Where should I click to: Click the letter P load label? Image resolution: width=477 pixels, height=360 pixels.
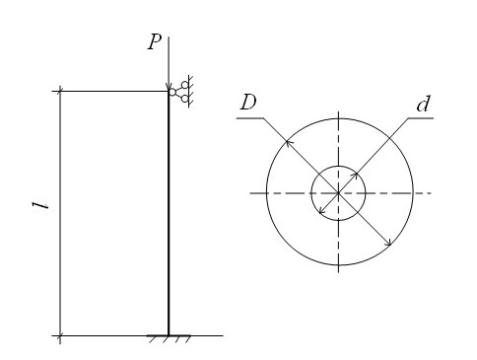(x=155, y=42)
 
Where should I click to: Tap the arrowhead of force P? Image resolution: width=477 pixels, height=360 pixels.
(x=169, y=87)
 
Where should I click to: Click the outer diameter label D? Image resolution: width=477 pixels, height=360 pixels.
(x=248, y=103)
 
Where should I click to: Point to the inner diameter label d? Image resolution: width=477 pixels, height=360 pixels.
(x=423, y=104)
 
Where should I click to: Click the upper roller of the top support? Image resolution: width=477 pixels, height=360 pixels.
(x=185, y=85)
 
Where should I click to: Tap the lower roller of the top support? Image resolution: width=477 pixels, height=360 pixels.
(x=185, y=99)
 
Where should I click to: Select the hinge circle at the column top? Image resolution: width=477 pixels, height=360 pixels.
(x=172, y=92)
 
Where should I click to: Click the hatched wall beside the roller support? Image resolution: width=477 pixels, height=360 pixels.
(x=190, y=92)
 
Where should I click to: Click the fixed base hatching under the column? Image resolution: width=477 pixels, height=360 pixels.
(x=169, y=339)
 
